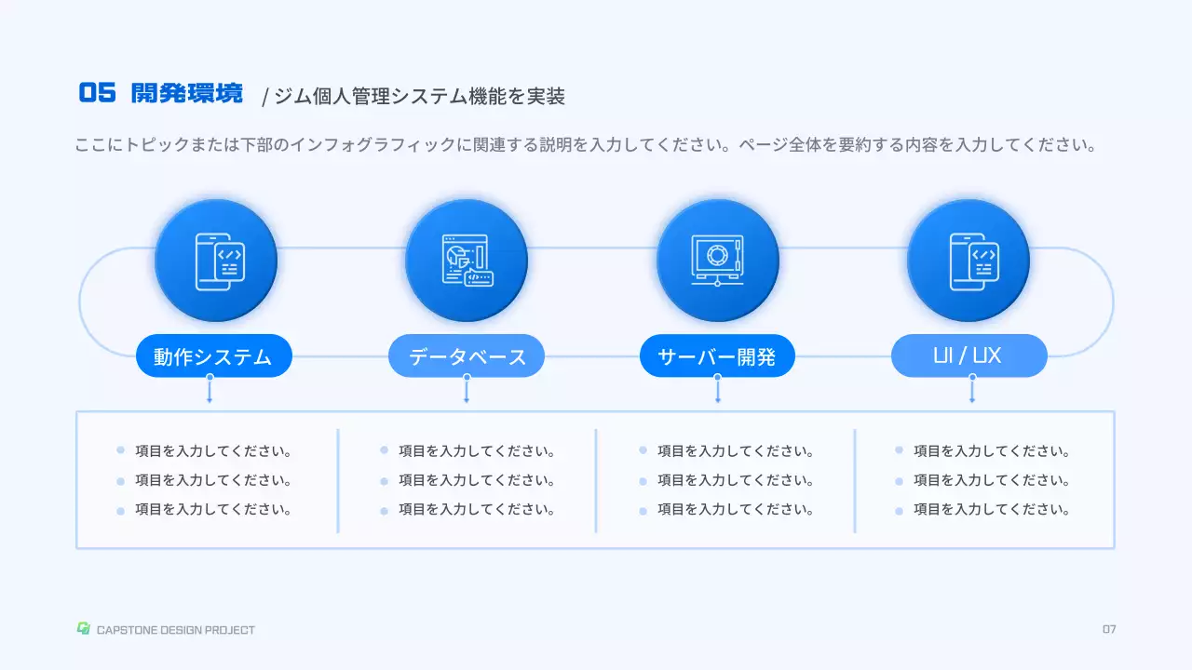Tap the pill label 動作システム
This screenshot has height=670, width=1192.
pos(213,355)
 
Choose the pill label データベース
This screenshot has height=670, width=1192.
pos(467,355)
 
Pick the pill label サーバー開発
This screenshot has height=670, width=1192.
pos(717,355)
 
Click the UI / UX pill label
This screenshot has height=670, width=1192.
pos(968,355)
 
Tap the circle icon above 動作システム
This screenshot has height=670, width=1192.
pos(216,261)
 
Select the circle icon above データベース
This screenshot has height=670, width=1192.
pos(467,261)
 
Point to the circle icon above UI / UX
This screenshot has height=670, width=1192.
pos(968,261)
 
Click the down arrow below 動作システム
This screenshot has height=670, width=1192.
pos(210,391)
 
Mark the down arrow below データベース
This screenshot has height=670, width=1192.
pos(467,391)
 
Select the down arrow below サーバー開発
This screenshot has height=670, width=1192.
pos(717,391)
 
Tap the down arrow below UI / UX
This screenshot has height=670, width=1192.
pos(972,391)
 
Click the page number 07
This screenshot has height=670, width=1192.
pos(1109,629)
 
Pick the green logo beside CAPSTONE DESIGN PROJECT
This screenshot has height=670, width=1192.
pos(83,629)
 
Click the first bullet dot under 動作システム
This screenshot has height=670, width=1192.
pos(120,450)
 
